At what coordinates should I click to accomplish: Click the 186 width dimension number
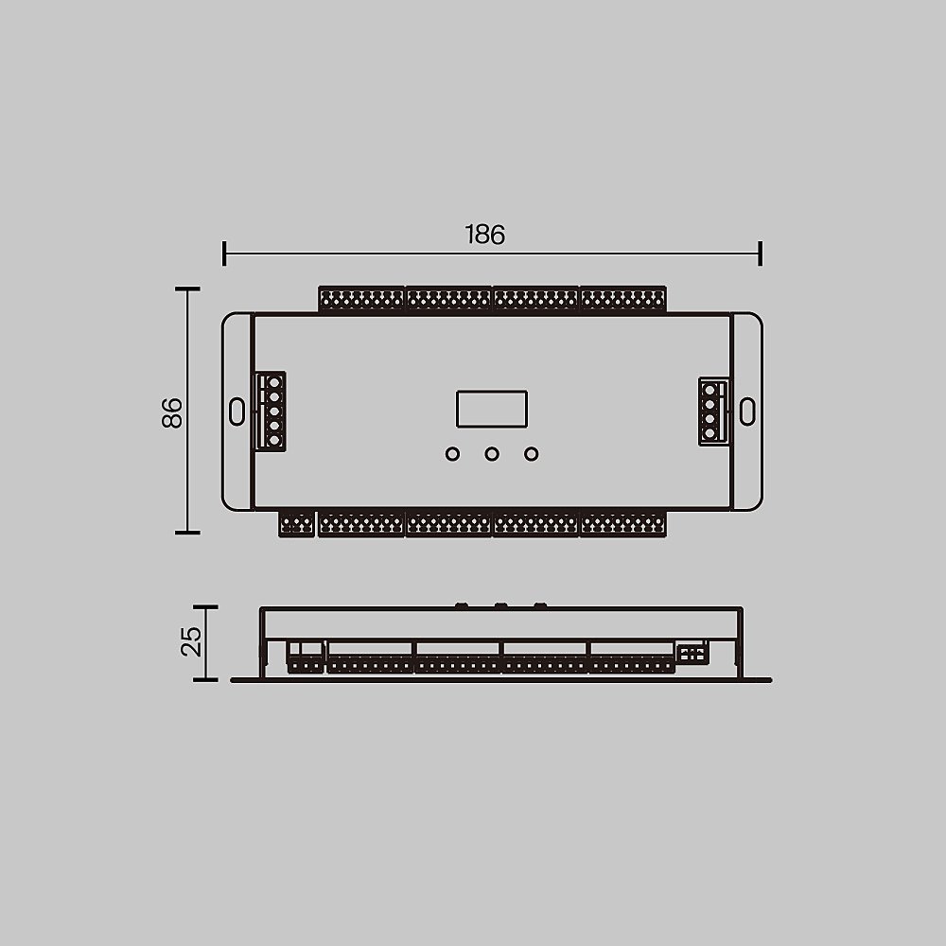pos(484,235)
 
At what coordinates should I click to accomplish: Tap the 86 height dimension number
pos(171,412)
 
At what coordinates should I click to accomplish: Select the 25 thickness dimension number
pos(191,641)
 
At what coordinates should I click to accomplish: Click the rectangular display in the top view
pos(491,409)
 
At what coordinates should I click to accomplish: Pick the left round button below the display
pos(452,455)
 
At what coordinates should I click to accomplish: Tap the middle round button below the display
pos(492,455)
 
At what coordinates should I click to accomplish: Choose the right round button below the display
pos(532,455)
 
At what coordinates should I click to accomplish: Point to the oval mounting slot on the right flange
pos(747,411)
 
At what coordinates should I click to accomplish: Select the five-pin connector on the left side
pos(272,410)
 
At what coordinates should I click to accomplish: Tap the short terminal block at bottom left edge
pos(297,524)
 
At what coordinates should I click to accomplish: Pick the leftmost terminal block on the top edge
pos(361,300)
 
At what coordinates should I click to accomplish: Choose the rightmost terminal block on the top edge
pos(622,300)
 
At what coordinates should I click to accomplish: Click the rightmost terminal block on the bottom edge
pos(622,524)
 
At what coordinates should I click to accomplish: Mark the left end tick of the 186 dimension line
pos(224,254)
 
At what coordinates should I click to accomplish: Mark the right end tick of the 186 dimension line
pos(761,254)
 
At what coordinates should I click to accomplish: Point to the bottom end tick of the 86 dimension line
pos(187,533)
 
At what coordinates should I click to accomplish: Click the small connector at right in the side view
pos(691,654)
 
